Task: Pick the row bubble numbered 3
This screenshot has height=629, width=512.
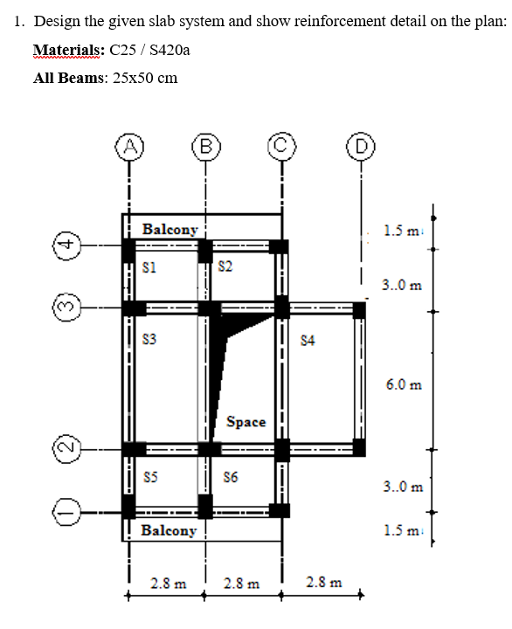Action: pyautogui.click(x=67, y=308)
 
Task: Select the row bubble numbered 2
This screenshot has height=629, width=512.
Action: pyautogui.click(x=67, y=449)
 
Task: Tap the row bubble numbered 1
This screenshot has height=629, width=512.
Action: pyautogui.click(x=67, y=512)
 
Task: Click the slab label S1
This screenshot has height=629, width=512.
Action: pyautogui.click(x=149, y=267)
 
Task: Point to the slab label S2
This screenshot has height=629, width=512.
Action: pyautogui.click(x=225, y=266)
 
